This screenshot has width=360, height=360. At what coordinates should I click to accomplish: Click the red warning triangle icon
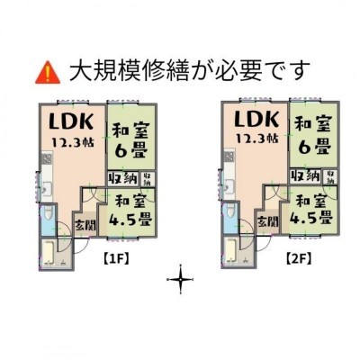pyautogui.click(x=48, y=73)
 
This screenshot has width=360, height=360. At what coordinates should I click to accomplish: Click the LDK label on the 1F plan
pyautogui.click(x=71, y=121)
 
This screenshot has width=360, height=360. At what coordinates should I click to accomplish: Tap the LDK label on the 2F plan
pyautogui.click(x=256, y=119)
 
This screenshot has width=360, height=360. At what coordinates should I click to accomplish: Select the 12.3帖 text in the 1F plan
pyautogui.click(x=73, y=141)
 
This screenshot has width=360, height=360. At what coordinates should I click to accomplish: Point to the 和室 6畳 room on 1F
pyautogui.click(x=131, y=137)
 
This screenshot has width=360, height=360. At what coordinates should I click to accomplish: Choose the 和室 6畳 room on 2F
pyautogui.click(x=313, y=135)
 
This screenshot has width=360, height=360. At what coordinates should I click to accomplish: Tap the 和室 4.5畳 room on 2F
pyautogui.click(x=310, y=210)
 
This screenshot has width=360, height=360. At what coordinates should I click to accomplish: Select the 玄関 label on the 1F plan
pyautogui.click(x=85, y=225)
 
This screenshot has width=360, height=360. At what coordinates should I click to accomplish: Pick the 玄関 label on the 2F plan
pyautogui.click(x=268, y=222)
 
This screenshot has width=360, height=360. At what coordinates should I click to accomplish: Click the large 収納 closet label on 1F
pyautogui.click(x=123, y=179)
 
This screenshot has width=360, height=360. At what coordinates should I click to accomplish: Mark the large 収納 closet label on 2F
pyautogui.click(x=305, y=176)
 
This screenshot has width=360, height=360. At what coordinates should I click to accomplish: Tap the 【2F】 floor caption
pyautogui.click(x=298, y=257)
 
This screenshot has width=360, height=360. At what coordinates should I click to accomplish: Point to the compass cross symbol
pyautogui.click(x=181, y=280)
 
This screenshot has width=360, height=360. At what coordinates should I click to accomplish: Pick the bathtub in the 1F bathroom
pyautogui.click(x=48, y=253)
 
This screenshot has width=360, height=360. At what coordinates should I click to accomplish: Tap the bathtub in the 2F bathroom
pyautogui.click(x=230, y=251)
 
